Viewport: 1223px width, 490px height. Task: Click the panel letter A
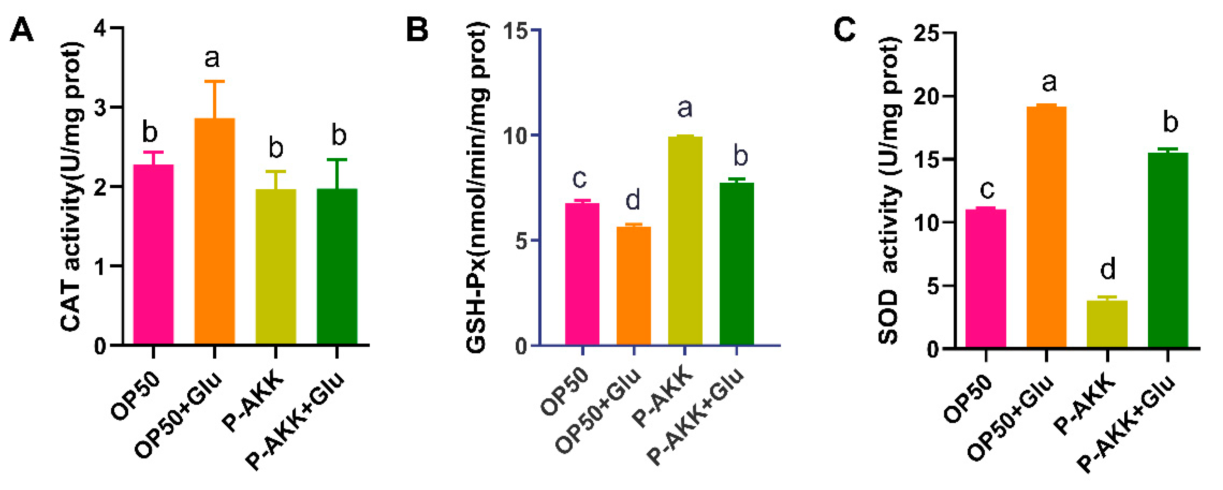22,30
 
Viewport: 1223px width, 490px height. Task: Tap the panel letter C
845,30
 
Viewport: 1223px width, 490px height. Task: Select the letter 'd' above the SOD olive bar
1108,270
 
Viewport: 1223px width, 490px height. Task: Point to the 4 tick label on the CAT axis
100,29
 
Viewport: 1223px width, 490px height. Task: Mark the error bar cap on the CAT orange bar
214,81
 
